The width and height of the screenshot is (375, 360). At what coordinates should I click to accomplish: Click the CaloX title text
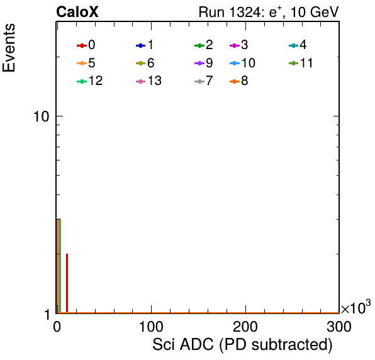click(x=77, y=12)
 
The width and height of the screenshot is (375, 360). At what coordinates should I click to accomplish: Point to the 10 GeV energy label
click(x=315, y=12)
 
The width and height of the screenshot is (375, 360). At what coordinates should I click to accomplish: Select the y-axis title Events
click(x=9, y=48)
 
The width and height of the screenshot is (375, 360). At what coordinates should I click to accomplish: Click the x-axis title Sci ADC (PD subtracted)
click(x=242, y=345)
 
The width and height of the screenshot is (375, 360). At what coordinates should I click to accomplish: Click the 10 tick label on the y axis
click(x=41, y=116)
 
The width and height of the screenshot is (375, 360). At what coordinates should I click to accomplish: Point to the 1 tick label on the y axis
click(x=47, y=315)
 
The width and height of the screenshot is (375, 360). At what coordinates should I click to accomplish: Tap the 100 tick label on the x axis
click(x=151, y=327)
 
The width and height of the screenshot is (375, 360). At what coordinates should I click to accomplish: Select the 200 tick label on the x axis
click(x=245, y=327)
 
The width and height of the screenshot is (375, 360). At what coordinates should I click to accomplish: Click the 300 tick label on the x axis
click(x=339, y=327)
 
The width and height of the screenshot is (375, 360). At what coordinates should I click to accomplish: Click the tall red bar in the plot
click(x=67, y=283)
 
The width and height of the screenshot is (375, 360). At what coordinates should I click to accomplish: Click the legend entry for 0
click(x=86, y=45)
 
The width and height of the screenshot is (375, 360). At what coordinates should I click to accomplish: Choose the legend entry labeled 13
click(x=148, y=81)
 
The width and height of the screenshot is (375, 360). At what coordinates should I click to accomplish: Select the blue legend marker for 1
click(x=141, y=45)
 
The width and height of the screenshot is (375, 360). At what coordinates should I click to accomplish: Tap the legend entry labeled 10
click(x=242, y=63)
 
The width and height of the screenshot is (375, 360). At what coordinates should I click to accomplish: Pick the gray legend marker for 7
click(x=199, y=82)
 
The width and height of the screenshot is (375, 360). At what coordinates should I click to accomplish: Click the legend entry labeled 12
click(x=90, y=81)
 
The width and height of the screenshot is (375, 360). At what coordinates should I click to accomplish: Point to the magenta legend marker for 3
click(x=235, y=45)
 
